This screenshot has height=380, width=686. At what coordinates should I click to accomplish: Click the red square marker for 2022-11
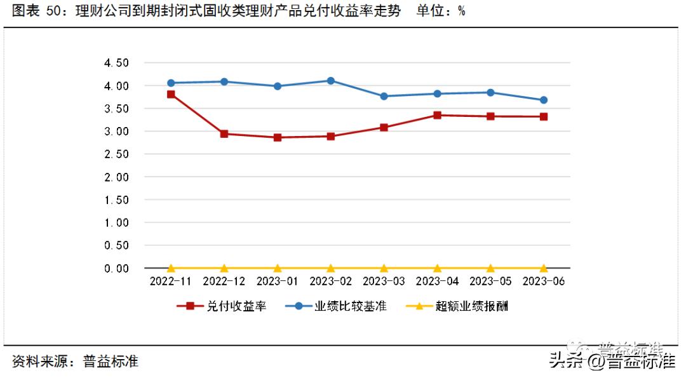coord(171,94)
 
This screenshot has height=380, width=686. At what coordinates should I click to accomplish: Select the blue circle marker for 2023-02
coord(331,81)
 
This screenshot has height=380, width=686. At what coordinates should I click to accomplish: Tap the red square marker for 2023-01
coord(278,137)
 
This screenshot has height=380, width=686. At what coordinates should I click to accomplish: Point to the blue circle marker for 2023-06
coord(544,100)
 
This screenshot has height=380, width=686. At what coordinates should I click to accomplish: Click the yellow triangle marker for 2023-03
coord(384,268)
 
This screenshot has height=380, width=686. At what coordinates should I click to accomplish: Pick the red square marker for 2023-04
coord(438,115)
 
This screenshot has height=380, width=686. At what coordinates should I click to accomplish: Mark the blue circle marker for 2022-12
coord(224,81)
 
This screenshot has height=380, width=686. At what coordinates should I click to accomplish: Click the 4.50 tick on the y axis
coord(116,63)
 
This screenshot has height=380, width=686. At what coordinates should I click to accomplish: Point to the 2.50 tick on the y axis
coord(116,154)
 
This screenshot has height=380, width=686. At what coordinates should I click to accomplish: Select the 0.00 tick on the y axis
coord(116,269)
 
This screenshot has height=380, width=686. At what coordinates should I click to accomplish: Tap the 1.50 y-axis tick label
coord(116,200)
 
